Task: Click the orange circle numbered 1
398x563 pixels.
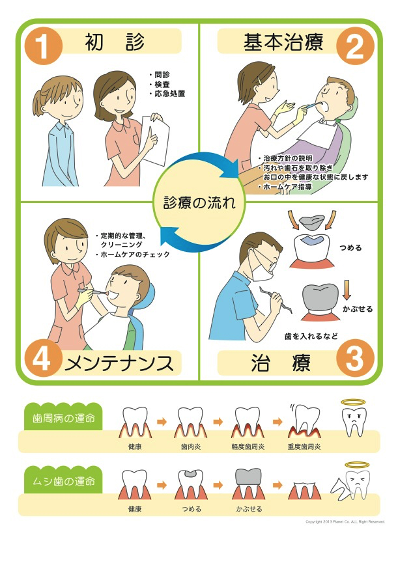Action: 44,46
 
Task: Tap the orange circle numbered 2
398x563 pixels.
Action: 354,46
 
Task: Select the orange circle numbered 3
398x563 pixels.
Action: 354,358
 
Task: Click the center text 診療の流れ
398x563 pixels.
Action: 199,202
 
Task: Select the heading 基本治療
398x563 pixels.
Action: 283,42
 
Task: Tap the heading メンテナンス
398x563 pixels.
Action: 119,363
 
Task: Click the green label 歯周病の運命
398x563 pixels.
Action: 64,419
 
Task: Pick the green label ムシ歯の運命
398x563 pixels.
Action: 64,481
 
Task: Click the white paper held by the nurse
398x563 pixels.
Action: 155,140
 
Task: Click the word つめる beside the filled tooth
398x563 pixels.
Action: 350,248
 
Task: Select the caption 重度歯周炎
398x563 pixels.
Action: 304,446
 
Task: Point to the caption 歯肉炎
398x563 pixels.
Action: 191,446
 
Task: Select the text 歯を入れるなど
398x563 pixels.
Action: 311,336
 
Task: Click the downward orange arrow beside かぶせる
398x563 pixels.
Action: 347,291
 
